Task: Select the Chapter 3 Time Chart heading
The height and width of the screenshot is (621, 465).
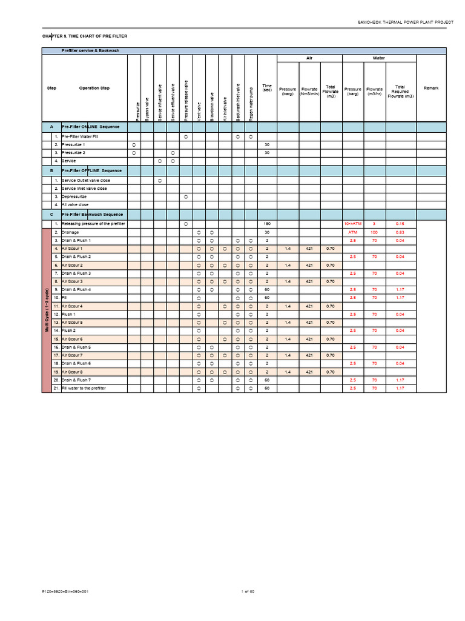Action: tap(85, 36)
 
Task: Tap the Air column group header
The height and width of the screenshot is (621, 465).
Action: tap(309, 58)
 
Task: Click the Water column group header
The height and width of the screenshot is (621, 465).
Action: tap(378, 58)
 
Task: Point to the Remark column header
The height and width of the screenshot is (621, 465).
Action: tap(431, 89)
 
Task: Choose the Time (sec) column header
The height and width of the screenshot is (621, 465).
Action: tap(267, 88)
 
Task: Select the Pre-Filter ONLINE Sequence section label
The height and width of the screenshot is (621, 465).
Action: tap(91, 127)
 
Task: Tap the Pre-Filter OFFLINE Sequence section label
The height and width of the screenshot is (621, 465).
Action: tap(91, 171)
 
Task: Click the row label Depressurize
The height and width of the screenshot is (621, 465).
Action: tap(74, 196)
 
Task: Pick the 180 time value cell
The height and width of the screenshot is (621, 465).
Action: tap(267, 224)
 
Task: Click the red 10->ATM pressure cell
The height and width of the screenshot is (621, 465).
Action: tap(352, 224)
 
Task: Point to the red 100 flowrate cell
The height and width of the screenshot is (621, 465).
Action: tap(374, 232)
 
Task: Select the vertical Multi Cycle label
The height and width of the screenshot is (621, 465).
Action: tap(47, 310)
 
